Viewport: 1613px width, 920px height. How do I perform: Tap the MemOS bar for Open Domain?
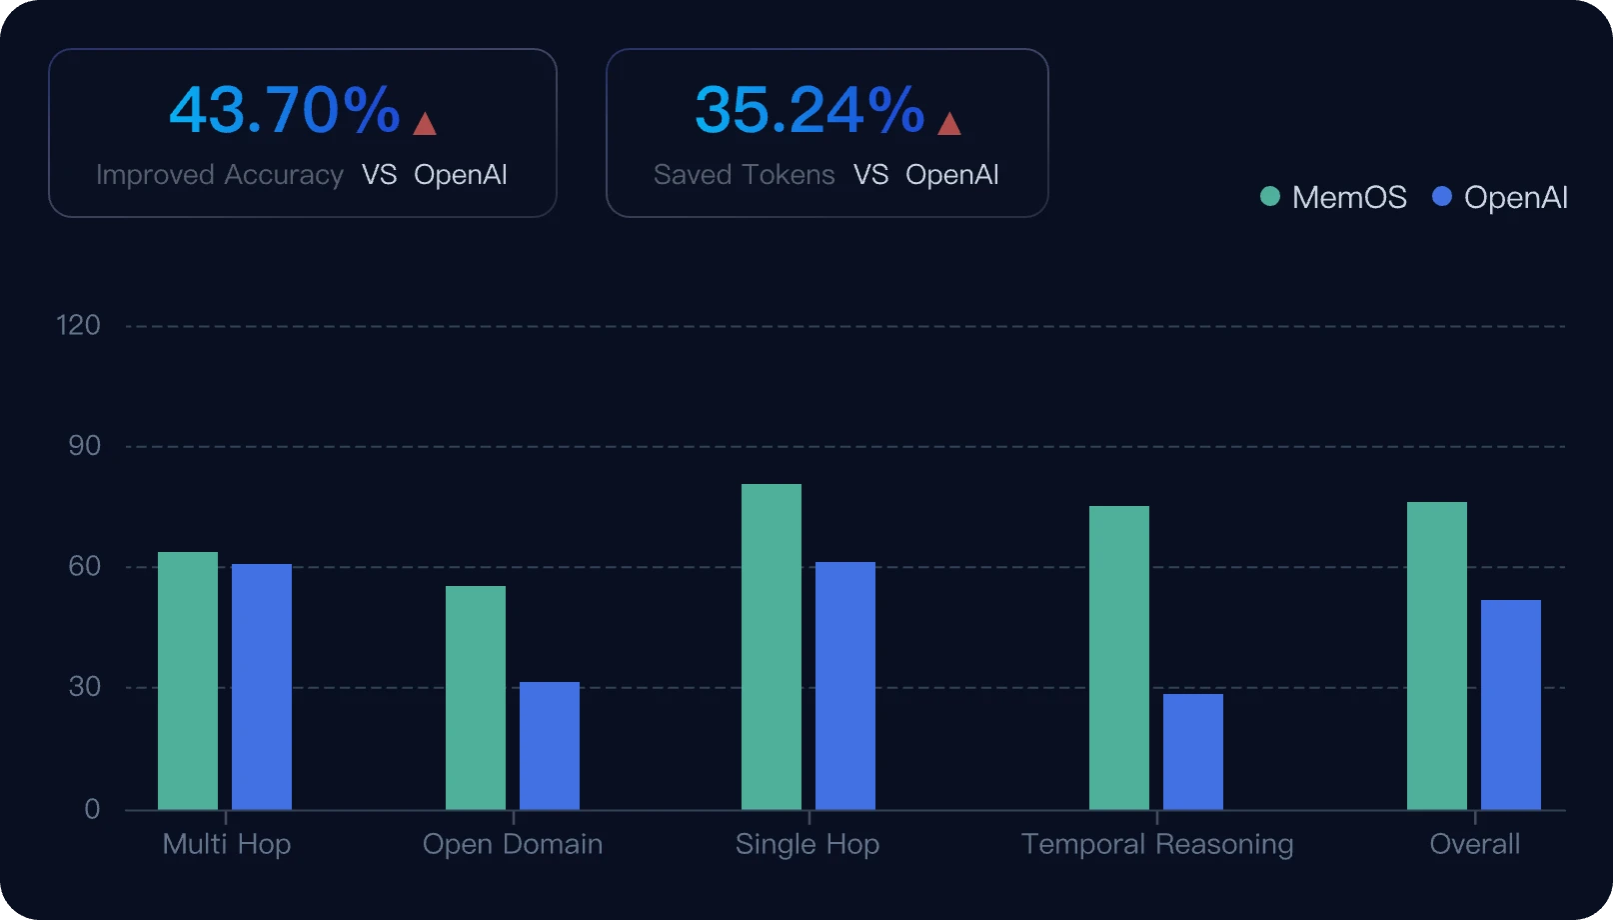(476, 697)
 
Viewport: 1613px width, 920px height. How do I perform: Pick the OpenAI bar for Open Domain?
(550, 745)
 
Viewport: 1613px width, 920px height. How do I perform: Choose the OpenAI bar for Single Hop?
(845, 685)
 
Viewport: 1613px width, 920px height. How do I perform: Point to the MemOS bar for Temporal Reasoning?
(1119, 657)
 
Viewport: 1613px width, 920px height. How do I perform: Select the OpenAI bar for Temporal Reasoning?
(1193, 751)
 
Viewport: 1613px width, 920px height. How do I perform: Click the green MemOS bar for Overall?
(1437, 655)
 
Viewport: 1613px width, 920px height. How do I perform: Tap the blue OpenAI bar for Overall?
(1511, 704)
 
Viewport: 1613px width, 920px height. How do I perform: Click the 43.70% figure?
(285, 110)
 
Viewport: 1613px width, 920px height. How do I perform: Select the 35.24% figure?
(809, 110)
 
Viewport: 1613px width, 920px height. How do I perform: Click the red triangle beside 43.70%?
(425, 124)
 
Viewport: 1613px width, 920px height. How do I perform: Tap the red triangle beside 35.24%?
(949, 124)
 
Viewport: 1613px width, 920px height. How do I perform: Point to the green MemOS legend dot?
(1270, 197)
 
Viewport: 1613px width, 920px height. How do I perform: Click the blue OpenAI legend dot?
(1442, 197)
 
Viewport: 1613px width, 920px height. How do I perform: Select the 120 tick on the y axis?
(78, 325)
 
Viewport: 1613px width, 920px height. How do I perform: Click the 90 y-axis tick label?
(84, 446)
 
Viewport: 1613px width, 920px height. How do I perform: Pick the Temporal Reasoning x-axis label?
(1157, 844)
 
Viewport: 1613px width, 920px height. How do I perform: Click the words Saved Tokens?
(744, 175)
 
